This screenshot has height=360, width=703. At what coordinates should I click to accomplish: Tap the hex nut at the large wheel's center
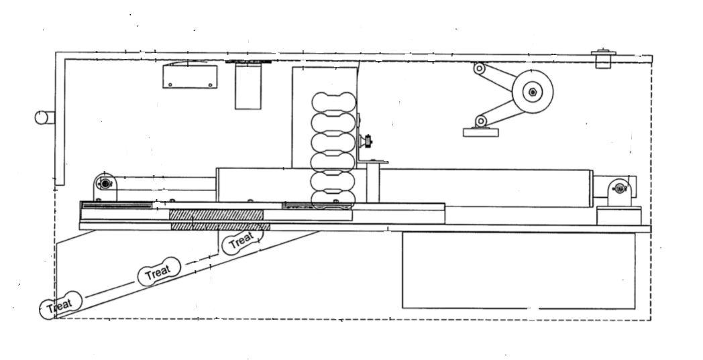pyautogui.click(x=532, y=92)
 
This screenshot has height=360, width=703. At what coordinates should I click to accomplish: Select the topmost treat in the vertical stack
pyautogui.click(x=333, y=102)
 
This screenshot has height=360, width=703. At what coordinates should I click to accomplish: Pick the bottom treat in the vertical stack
pyautogui.click(x=333, y=200)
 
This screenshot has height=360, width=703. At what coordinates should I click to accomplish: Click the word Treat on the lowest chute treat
pyautogui.click(x=60, y=306)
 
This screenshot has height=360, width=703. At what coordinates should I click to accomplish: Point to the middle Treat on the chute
pyautogui.click(x=159, y=272)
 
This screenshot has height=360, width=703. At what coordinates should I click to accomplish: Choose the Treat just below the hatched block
pyautogui.click(x=241, y=241)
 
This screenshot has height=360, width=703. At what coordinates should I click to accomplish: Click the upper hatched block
pyautogui.click(x=216, y=215)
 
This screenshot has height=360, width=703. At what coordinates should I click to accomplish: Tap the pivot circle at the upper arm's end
pyautogui.click(x=479, y=68)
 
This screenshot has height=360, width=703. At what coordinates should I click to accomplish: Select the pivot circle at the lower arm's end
pyautogui.click(x=480, y=121)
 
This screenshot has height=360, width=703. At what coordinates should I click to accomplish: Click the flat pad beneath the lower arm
pyautogui.click(x=480, y=132)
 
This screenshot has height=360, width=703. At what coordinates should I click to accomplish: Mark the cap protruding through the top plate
pyautogui.click(x=604, y=59)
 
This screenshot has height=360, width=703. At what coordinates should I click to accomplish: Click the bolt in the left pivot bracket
pyautogui.click(x=105, y=184)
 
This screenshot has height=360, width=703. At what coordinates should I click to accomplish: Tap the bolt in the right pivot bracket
pyautogui.click(x=620, y=189)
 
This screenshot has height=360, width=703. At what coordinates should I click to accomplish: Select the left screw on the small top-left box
pyautogui.click(x=170, y=84)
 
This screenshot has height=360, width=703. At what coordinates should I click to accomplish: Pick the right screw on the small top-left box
pyautogui.click(x=210, y=84)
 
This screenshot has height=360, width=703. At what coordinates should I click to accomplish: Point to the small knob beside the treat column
pyautogui.click(x=368, y=142)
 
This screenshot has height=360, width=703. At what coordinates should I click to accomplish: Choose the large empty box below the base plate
pyautogui.click(x=519, y=270)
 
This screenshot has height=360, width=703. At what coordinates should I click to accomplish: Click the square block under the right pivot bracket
pyautogui.click(x=619, y=216)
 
